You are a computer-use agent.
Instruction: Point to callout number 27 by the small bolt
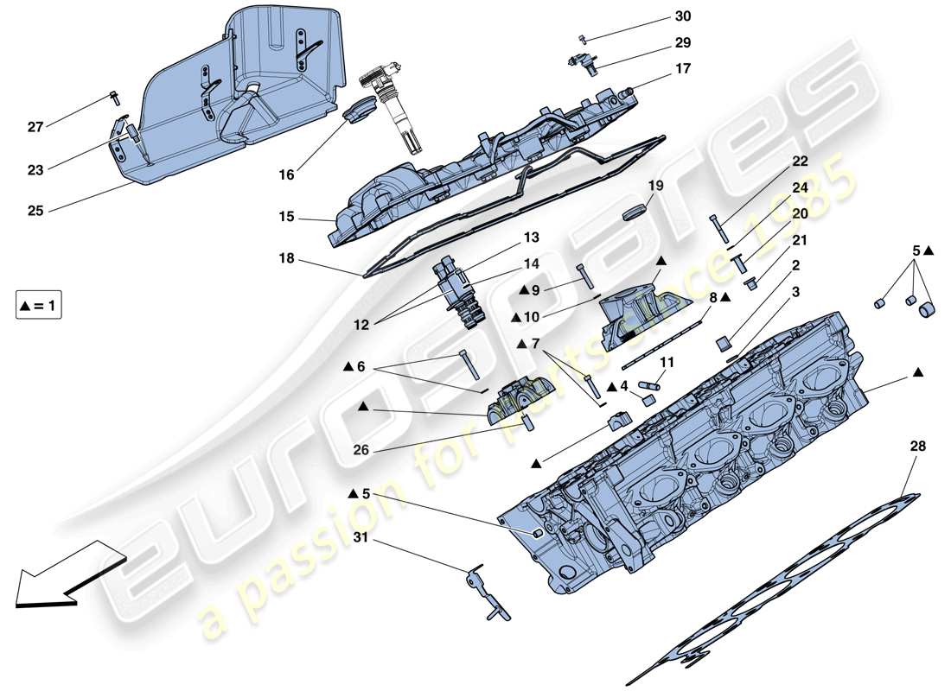35,127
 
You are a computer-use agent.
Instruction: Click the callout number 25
35,210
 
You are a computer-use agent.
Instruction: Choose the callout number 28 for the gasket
917,447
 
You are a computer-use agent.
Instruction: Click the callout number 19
654,185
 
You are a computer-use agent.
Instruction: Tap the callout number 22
800,162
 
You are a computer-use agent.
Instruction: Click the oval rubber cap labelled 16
356,112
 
